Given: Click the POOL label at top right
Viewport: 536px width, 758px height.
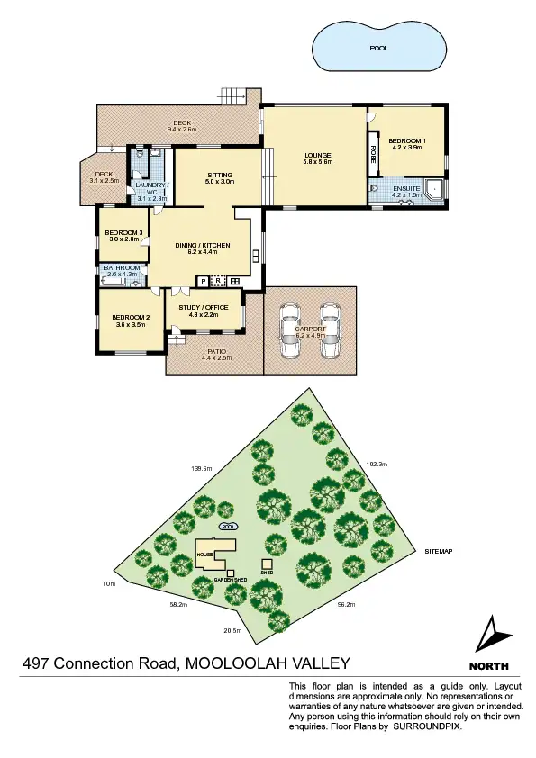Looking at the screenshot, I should [379, 49].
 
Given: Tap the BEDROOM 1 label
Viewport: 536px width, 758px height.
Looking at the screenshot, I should [407, 141].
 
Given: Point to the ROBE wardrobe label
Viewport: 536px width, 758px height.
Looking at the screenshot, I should [373, 154].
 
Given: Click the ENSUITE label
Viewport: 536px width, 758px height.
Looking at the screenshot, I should [406, 188].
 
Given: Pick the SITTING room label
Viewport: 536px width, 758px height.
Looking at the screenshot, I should [220, 175].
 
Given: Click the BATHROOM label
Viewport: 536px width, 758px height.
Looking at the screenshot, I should [123, 267].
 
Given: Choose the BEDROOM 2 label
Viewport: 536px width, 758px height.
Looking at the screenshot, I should [131, 318].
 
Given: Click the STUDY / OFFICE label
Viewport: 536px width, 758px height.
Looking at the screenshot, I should [205, 308].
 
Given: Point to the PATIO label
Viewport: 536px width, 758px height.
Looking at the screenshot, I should [216, 352].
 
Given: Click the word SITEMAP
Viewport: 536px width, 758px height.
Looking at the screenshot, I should [439, 550].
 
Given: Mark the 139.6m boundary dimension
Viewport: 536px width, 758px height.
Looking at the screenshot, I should [202, 468].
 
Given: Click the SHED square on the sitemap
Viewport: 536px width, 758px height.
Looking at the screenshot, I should [267, 564].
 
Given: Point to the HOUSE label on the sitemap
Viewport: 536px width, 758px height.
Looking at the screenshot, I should [204, 555].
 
